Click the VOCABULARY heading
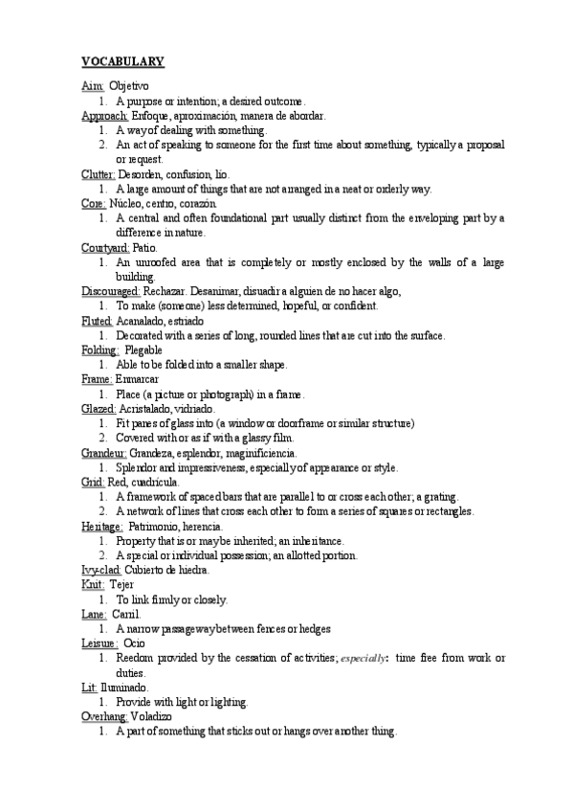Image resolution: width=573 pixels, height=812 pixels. pos(122,61)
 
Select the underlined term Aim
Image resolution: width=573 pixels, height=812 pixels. pos(92,86)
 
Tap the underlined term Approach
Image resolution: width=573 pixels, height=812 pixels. pos(104,116)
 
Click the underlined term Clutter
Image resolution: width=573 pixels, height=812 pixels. pos(99,174)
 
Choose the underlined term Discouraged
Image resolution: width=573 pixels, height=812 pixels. pos(111,291)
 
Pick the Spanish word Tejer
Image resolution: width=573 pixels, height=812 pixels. pos(121,584)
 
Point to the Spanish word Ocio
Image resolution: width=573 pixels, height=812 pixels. pos(134,643)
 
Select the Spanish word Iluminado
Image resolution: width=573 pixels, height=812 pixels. pos(124,687)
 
